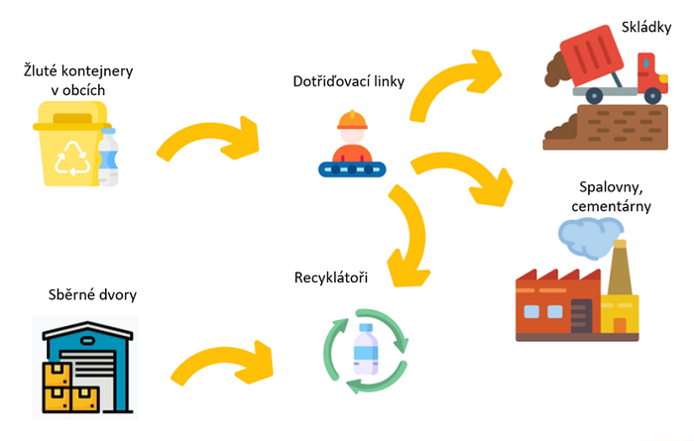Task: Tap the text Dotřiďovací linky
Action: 349,81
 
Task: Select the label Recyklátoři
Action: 331,277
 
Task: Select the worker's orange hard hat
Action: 350,121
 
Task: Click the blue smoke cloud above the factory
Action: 589,234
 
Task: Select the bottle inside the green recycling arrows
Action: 366,349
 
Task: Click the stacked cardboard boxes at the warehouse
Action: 68,388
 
